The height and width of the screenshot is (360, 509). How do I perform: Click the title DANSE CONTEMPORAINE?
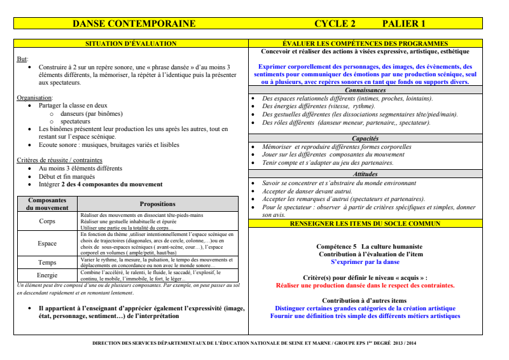[134, 24]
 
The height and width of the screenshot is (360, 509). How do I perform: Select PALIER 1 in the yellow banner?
[403, 24]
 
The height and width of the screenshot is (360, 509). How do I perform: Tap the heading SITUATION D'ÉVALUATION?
[131, 43]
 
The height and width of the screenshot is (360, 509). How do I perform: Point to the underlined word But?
[22, 59]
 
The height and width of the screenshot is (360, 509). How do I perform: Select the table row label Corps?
[47, 221]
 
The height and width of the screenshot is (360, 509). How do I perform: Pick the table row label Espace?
[47, 244]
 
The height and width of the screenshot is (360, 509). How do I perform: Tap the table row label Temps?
[47, 263]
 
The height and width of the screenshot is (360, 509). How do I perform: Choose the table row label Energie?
[47, 275]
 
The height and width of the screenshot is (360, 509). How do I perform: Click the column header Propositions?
[158, 204]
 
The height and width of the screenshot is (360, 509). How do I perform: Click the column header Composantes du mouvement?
[47, 204]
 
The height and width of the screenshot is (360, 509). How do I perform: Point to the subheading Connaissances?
[365, 90]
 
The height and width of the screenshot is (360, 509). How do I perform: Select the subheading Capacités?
[365, 138]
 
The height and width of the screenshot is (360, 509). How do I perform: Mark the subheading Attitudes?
[365, 174]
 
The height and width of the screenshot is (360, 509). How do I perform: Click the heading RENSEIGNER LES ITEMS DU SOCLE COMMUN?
[365, 224]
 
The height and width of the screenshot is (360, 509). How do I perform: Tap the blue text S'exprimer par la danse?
[365, 261]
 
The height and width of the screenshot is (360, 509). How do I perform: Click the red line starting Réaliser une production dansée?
[365, 286]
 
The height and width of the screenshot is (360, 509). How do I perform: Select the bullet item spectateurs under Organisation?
[75, 121]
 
